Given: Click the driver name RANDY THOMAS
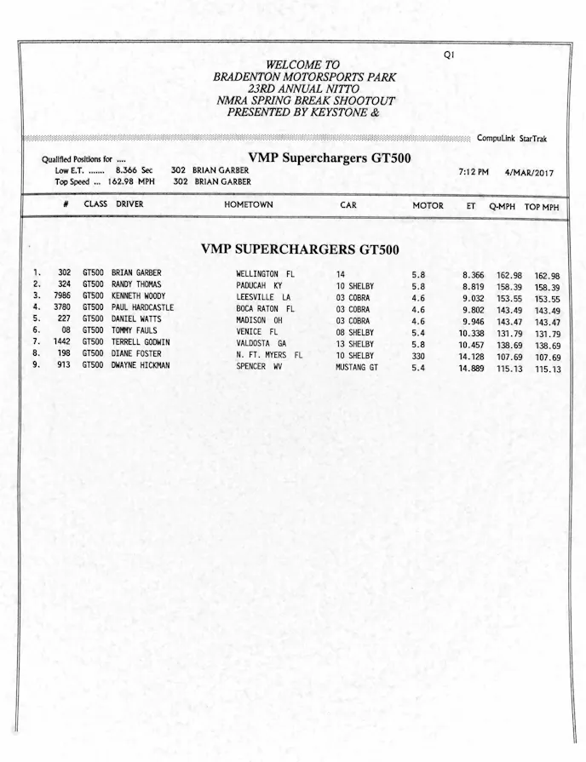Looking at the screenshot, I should pos(135,285).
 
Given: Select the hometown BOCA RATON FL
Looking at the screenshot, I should pos(265,308).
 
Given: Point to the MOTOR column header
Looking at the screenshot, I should pos(428,206).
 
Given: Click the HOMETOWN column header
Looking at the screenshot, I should pos(248,205).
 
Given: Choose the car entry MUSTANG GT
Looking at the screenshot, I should pos(358,367).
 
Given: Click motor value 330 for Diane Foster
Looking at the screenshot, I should pos(417,355).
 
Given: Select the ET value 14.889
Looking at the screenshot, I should pos(473,367).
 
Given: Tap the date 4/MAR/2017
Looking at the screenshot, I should pos(529,173).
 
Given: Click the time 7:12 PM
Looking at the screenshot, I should pos(473,173).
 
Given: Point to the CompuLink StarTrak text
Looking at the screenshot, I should pos(512,139).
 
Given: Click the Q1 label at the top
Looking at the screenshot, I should pos(449,54).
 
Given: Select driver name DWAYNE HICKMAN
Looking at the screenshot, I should pos(141,365).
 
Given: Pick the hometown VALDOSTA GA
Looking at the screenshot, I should pos(261,342).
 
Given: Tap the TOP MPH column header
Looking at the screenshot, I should pos(542,207).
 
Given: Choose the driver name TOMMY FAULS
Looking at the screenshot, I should pos(135,330).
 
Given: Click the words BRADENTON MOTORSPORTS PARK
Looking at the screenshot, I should pos(305,77).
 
